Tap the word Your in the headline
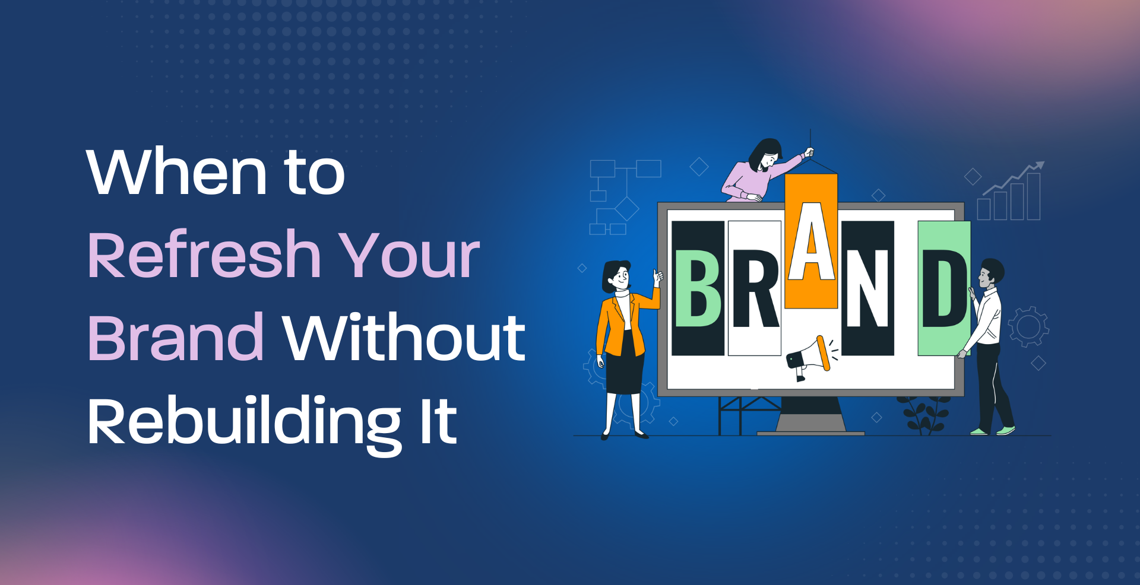(x=409, y=255)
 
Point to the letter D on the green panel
(x=944, y=288)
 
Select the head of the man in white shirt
(x=990, y=274)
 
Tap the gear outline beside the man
(x=1028, y=326)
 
